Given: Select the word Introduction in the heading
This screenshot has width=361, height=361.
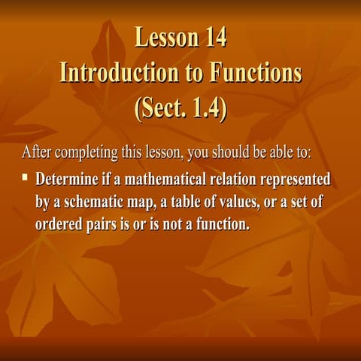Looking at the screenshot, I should pyautogui.click(x=119, y=72).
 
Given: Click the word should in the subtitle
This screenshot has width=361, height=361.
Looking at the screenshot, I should pyautogui.click(x=233, y=153).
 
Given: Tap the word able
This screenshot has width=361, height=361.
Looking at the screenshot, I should pyautogui.click(x=282, y=153).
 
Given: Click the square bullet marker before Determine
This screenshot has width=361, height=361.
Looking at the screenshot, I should pyautogui.click(x=25, y=179).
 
